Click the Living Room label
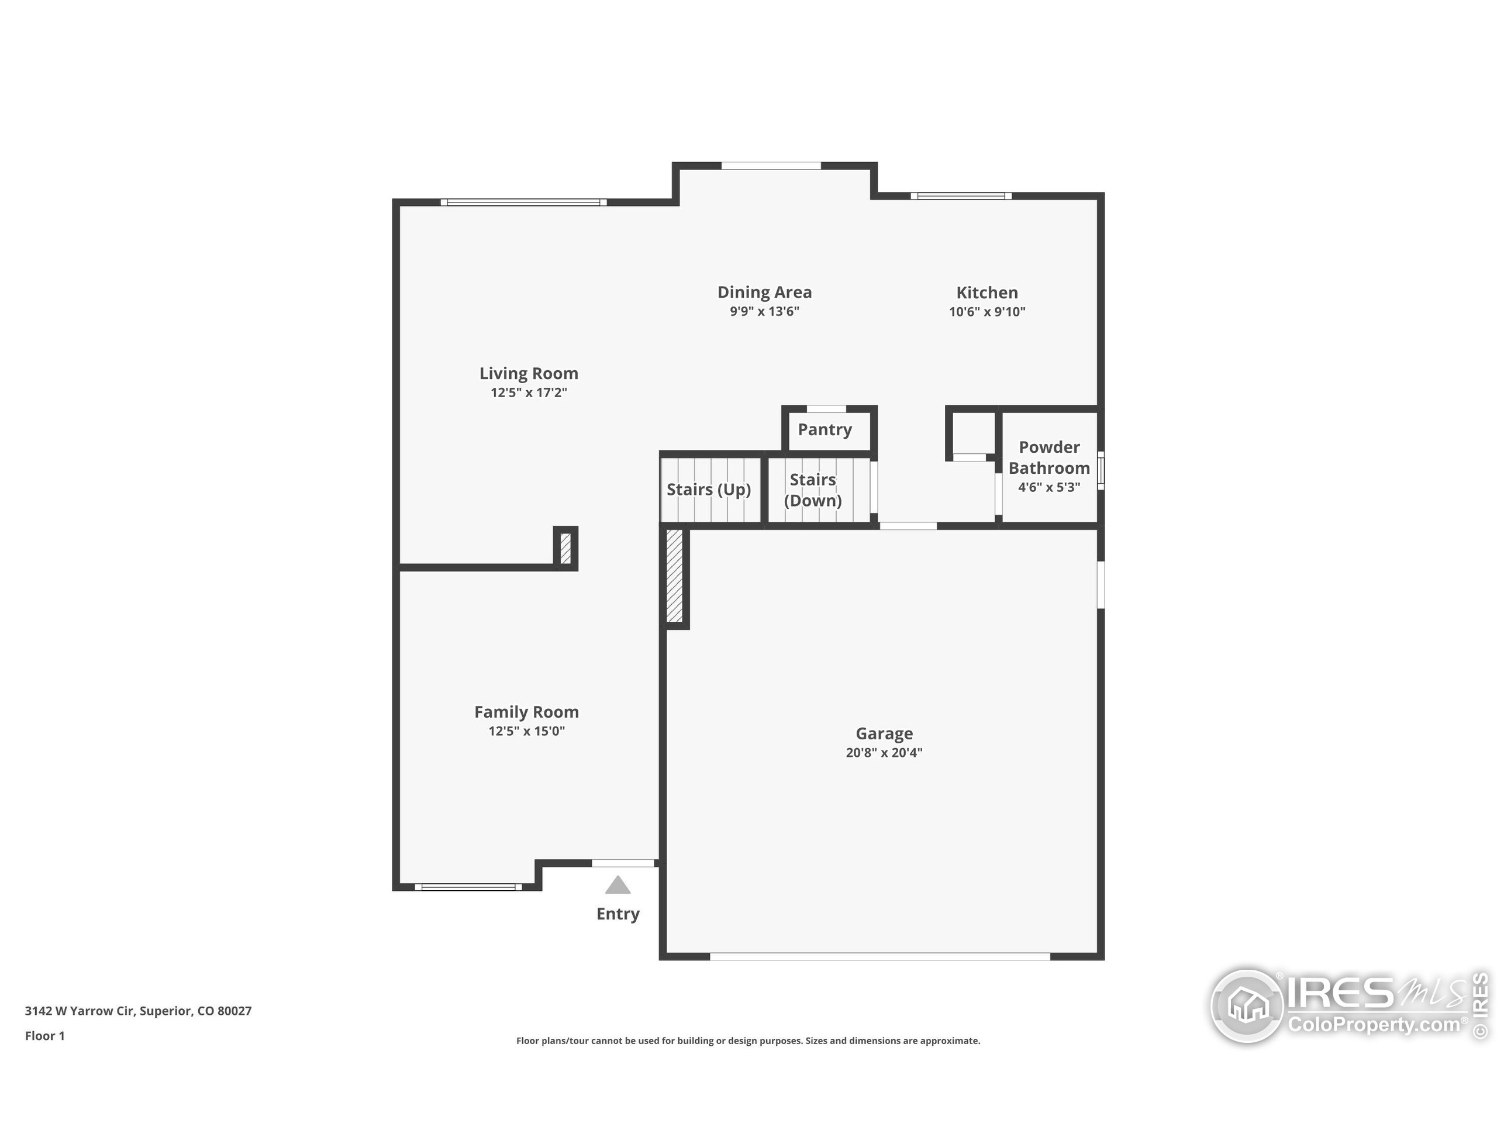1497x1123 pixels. point(529,373)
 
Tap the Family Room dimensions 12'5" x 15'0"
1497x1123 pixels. point(526,731)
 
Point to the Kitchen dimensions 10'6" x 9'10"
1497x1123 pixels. point(986,311)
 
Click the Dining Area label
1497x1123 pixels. point(764,292)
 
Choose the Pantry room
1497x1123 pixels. point(825,430)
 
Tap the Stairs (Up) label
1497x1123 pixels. point(709,490)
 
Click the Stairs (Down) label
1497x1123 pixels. point(813,490)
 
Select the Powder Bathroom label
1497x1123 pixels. point(1049,457)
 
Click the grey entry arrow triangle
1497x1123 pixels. point(617,886)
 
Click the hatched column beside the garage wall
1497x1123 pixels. point(675,576)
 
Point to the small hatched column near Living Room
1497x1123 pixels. point(566,548)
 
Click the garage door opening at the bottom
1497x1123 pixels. point(880,956)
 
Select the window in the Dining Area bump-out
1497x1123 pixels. point(771,166)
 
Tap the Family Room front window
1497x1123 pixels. point(468,887)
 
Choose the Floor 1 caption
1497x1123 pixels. point(44,1036)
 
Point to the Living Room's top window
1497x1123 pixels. point(523,202)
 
